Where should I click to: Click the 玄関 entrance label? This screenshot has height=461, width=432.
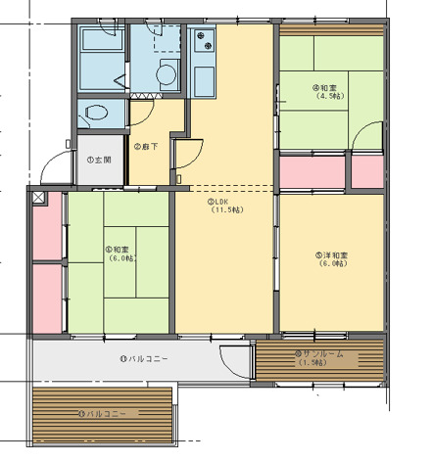[x=100, y=160]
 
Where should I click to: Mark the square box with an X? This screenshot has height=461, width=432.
[x=38, y=197]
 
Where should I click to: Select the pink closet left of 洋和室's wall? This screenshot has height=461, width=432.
[x=312, y=171]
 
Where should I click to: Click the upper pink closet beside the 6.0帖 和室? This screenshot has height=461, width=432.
[x=46, y=228]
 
